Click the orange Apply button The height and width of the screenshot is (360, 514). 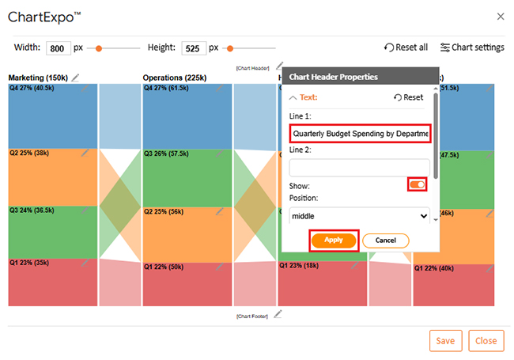334,240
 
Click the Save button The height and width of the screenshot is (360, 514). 445,340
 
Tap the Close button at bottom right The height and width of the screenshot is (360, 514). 486,340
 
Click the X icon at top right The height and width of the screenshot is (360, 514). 500,16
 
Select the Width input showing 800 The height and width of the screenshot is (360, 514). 58,47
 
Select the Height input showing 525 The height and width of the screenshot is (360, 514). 193,47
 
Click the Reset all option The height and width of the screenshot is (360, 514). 406,47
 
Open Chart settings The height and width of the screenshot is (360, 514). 472,47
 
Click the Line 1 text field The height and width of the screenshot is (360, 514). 360,134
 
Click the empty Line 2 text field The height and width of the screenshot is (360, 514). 360,168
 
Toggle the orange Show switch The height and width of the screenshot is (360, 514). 417,184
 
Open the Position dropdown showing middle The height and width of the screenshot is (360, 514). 360,215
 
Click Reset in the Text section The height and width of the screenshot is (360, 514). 408,97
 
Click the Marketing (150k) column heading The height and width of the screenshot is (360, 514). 38,78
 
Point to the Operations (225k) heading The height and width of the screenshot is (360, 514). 174,78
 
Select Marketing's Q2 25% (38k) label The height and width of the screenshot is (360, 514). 29,153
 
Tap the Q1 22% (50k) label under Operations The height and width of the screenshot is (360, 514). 164,267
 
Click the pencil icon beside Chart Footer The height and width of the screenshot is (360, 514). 277,315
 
